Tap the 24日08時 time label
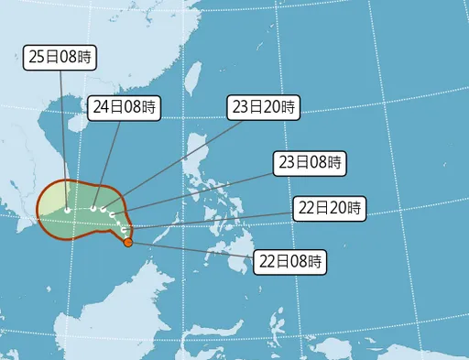(124, 107)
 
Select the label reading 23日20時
(262, 107)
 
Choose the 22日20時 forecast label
(330, 208)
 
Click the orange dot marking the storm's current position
(128, 243)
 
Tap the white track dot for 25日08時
(67, 210)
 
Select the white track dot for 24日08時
(93, 209)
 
